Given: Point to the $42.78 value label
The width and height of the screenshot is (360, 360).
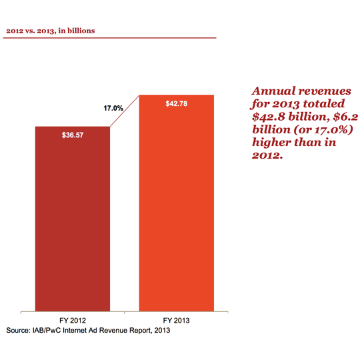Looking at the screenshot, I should pyautogui.click(x=177, y=103).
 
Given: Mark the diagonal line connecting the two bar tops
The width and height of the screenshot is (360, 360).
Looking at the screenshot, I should pyautogui.click(x=124, y=111).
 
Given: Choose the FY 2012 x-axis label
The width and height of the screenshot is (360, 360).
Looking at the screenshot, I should pyautogui.click(x=72, y=319).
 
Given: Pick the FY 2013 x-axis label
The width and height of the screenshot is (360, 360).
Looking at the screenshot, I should pyautogui.click(x=177, y=319).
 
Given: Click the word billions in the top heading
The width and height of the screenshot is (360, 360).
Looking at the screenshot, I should pyautogui.click(x=79, y=30).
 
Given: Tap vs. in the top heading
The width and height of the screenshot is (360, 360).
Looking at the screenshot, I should pyautogui.click(x=30, y=30).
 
